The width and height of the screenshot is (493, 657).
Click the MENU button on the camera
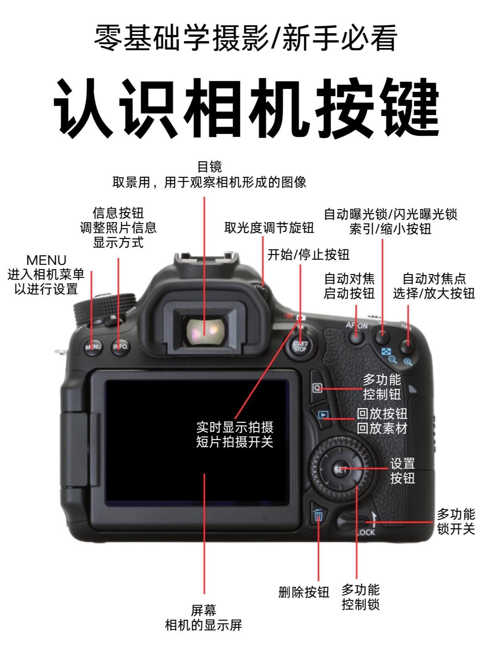[93, 347]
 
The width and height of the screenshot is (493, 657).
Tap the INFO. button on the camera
[120, 347]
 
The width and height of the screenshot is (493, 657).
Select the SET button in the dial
[340, 470]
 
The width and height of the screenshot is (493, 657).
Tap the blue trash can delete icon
[318, 515]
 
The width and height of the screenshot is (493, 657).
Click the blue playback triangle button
[323, 415]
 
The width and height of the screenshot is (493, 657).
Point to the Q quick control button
[317, 388]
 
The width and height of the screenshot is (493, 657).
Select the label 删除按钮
[304, 592]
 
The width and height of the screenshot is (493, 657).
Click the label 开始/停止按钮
[308, 255]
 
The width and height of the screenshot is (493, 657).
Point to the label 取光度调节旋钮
[269, 228]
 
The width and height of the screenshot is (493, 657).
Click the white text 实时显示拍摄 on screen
[235, 427]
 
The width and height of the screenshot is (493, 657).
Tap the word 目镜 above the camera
[209, 167]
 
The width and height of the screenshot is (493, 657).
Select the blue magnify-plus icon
[408, 362]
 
